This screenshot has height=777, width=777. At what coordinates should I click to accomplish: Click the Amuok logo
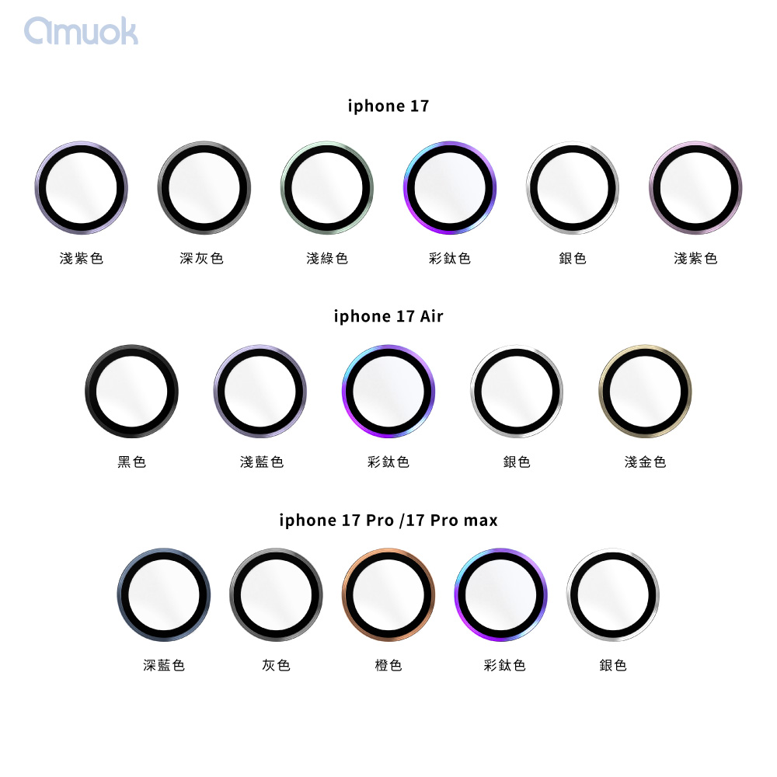point(82,31)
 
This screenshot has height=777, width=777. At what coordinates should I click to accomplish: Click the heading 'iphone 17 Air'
point(388,316)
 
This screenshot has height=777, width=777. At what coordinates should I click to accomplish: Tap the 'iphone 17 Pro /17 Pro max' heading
point(388,521)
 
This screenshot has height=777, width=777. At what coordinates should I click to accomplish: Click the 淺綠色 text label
point(327,258)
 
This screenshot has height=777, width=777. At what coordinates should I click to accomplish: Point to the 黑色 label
point(132,462)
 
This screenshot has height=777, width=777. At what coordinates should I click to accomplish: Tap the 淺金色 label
point(645,462)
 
